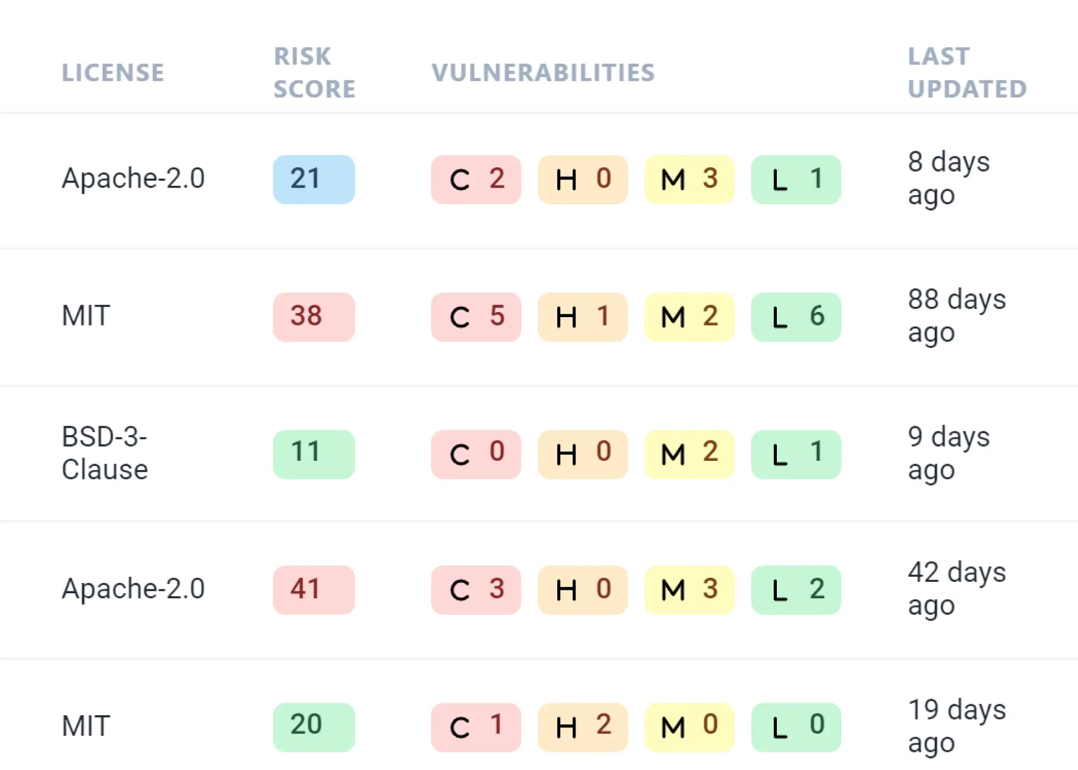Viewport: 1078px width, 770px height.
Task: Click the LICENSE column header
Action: pyautogui.click(x=113, y=72)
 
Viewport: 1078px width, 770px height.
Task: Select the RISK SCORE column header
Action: pyautogui.click(x=314, y=72)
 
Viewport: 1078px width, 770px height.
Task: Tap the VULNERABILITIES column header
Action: pyautogui.click(x=543, y=72)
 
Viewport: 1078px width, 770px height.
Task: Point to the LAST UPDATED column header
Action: pyautogui.click(x=967, y=72)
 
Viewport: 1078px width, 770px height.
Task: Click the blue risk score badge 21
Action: pyautogui.click(x=314, y=179)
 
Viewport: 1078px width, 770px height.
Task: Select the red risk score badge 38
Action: pyautogui.click(x=314, y=317)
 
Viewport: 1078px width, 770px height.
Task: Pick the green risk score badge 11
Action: pyautogui.click(x=314, y=454)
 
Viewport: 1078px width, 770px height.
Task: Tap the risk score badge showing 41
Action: pyautogui.click(x=314, y=590)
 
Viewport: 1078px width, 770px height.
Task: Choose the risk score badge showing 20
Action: pyautogui.click(x=314, y=727)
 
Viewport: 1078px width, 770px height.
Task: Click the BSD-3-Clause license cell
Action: pyautogui.click(x=105, y=453)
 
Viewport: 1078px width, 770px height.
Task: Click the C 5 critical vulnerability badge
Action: pyautogui.click(x=476, y=317)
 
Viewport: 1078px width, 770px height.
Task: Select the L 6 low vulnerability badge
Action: pyautogui.click(x=796, y=317)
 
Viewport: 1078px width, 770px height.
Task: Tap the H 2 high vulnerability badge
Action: pyautogui.click(x=582, y=727)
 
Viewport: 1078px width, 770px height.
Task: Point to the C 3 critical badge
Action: pyautogui.click(x=476, y=590)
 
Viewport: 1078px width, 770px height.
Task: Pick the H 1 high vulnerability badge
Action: pyautogui.click(x=582, y=317)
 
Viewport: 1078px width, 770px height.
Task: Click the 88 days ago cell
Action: pyautogui.click(x=957, y=316)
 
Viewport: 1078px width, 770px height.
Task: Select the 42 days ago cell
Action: pyautogui.click(x=957, y=589)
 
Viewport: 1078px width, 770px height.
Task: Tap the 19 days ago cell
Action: pyautogui.click(x=957, y=726)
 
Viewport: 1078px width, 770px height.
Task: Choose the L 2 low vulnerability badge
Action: pyautogui.click(x=796, y=590)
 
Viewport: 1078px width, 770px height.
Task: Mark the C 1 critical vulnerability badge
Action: pyautogui.click(x=476, y=727)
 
